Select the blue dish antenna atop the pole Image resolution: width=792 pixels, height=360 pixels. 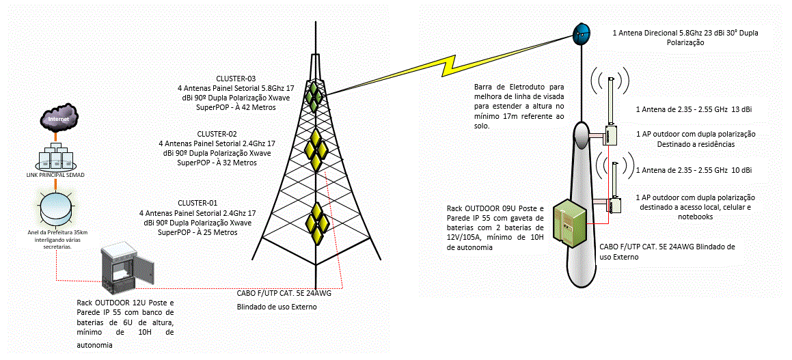(x=582, y=33)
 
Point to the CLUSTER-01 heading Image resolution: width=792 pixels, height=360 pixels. (x=197, y=203)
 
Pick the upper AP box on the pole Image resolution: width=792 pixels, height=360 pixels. (x=611, y=135)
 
